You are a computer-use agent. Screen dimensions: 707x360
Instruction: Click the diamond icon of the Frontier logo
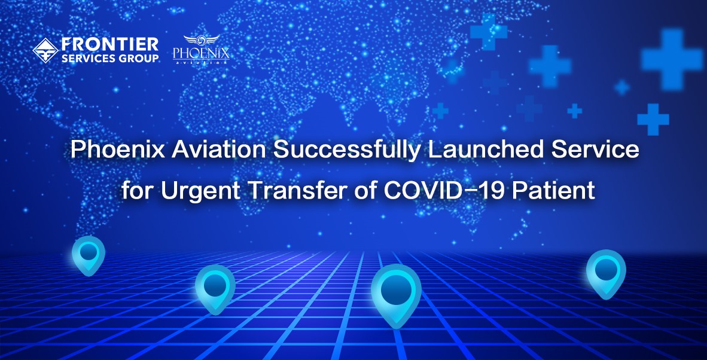coord(45,50)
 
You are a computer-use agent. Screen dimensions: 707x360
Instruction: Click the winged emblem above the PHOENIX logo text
coord(202,40)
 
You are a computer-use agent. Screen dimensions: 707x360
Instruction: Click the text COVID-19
coord(431,191)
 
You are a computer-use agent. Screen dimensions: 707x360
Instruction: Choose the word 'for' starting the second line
coord(137,191)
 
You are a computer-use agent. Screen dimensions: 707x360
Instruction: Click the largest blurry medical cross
coord(672,59)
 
